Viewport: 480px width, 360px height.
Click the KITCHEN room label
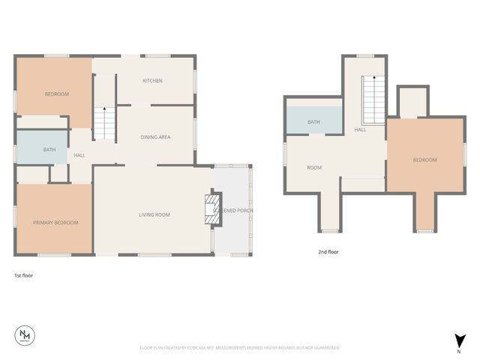coord(153,81)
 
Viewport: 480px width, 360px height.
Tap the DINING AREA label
coord(155,137)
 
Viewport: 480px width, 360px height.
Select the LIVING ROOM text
coord(154,215)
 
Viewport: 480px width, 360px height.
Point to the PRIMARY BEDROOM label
coord(55,223)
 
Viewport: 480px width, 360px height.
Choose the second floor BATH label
coord(313,122)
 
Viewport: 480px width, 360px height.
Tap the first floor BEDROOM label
coord(57,94)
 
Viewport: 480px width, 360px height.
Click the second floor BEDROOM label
coord(424,160)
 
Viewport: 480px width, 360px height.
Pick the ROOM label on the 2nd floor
coord(314,168)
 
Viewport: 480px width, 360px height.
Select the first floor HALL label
coord(79,155)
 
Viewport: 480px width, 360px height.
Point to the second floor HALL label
coord(361,130)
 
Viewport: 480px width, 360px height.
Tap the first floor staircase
coord(104,121)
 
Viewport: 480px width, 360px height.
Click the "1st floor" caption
coord(23,275)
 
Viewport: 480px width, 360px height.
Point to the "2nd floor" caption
coord(328,252)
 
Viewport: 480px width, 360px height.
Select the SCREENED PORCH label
coord(233,211)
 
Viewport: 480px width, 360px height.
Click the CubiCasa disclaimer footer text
coord(240,348)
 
